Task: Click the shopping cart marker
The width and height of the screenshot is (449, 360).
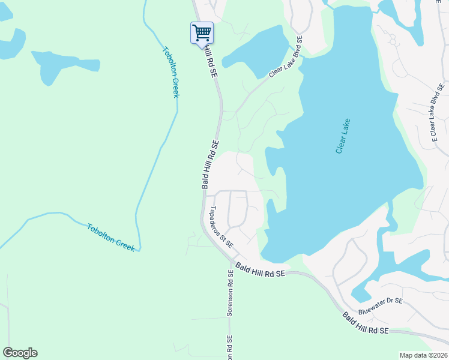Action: [202, 32]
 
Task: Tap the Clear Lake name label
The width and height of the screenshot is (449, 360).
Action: [343, 136]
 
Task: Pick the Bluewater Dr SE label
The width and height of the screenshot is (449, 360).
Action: [381, 307]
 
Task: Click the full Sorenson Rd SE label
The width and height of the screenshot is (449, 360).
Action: [230, 293]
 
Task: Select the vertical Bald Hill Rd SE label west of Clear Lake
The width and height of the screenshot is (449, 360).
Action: [210, 164]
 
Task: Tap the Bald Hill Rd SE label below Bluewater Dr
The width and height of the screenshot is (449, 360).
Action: [366, 323]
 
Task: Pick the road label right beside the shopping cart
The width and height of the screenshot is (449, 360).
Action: [211, 59]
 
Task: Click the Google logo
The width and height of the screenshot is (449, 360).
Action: [20, 353]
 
